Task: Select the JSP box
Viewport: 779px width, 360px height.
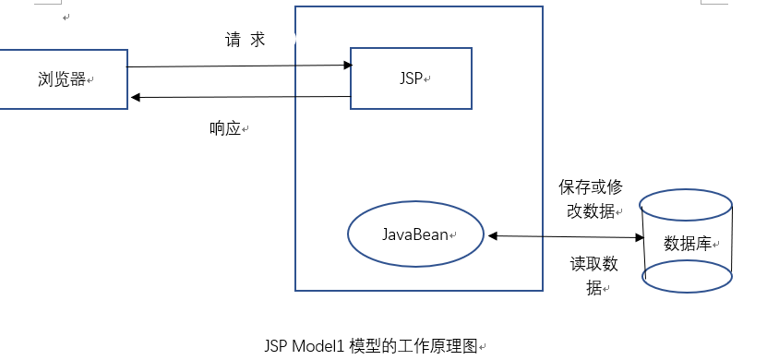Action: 411,78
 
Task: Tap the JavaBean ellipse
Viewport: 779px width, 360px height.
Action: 416,234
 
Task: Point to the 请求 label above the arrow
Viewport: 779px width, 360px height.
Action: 245,41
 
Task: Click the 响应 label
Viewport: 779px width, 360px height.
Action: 225,129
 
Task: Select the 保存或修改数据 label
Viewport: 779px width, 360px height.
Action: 590,198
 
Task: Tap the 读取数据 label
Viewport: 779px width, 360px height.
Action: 593,275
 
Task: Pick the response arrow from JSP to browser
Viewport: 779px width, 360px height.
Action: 240,97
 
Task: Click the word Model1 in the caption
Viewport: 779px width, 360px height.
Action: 319,347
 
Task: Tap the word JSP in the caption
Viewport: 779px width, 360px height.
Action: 275,347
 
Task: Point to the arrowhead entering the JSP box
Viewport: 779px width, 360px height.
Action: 348,65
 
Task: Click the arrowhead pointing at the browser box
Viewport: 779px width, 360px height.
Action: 134,97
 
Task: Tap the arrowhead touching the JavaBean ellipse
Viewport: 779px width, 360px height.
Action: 492,236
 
